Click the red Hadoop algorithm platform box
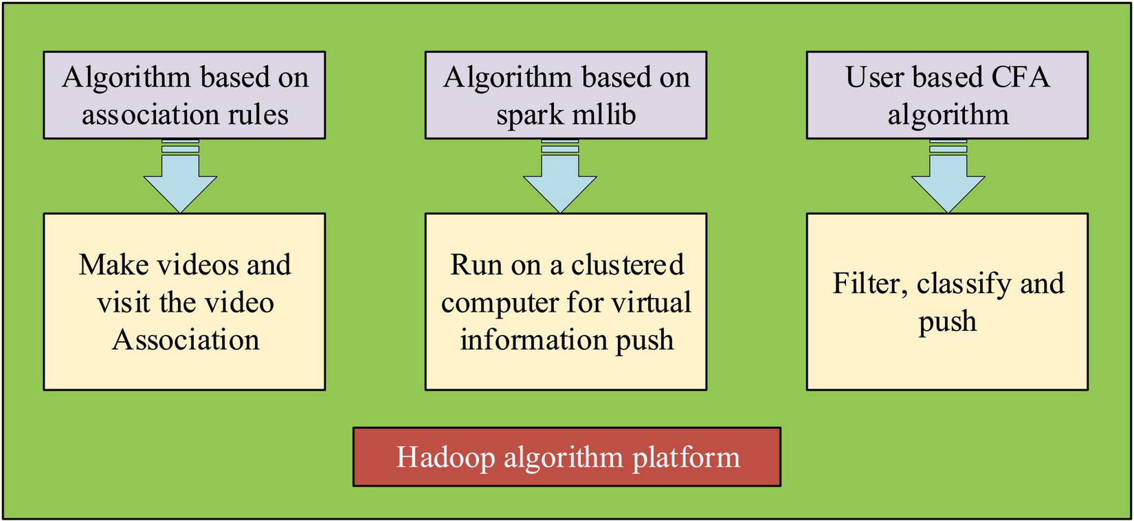566,457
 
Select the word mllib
603,114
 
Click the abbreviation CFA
1020,77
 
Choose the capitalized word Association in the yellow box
186,340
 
